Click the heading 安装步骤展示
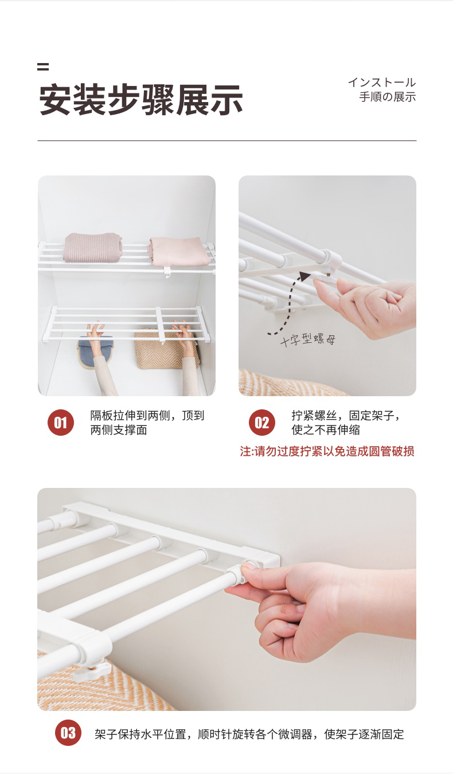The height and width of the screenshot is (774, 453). (140, 100)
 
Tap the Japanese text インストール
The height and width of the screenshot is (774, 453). (382, 83)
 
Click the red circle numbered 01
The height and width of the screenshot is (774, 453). (61, 422)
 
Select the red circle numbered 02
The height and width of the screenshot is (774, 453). (262, 422)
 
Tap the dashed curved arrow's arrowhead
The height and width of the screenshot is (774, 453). (304, 276)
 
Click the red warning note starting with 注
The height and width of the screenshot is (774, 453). (327, 451)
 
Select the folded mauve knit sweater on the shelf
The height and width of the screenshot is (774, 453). (92, 247)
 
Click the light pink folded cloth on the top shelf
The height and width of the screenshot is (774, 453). (179, 252)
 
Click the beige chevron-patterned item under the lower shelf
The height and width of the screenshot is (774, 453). (166, 349)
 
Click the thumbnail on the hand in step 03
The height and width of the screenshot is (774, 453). (249, 566)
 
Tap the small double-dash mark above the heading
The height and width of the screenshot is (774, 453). (43, 67)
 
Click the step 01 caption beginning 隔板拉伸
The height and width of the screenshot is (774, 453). (147, 423)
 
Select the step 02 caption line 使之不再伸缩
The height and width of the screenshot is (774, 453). (326, 430)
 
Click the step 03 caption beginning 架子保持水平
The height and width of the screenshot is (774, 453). (249, 734)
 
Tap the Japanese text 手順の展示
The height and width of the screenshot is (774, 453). (388, 97)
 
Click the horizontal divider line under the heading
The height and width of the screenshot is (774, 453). (226, 140)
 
